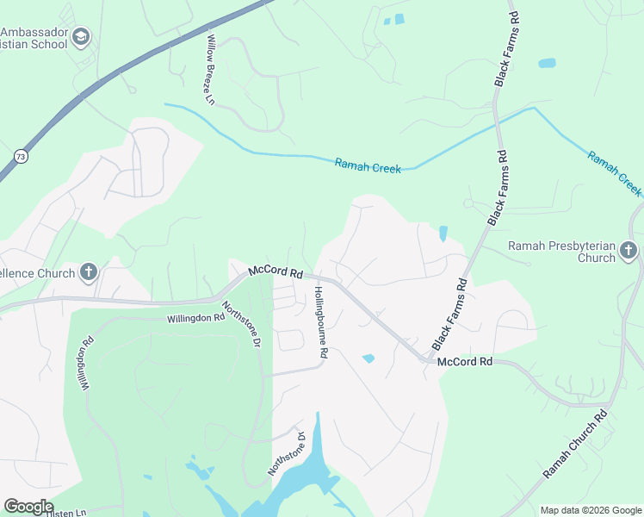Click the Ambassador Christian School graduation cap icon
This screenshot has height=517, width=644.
(x=82, y=36)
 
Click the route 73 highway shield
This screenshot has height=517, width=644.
(x=20, y=156)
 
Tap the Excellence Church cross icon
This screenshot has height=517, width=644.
(x=87, y=273)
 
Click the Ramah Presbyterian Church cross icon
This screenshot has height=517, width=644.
(x=629, y=251)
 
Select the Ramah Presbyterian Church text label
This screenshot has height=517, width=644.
(x=562, y=252)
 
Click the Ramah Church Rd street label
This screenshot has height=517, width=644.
(x=576, y=445)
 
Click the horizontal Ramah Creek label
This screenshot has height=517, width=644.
(x=368, y=166)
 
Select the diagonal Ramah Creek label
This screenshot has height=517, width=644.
(x=615, y=172)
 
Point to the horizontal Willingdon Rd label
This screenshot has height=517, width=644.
(x=195, y=317)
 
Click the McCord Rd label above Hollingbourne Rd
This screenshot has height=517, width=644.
(x=276, y=271)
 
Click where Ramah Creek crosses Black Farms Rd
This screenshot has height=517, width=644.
(x=497, y=124)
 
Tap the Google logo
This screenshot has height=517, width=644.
(x=28, y=507)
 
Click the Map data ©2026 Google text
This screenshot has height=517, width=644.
(x=590, y=510)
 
